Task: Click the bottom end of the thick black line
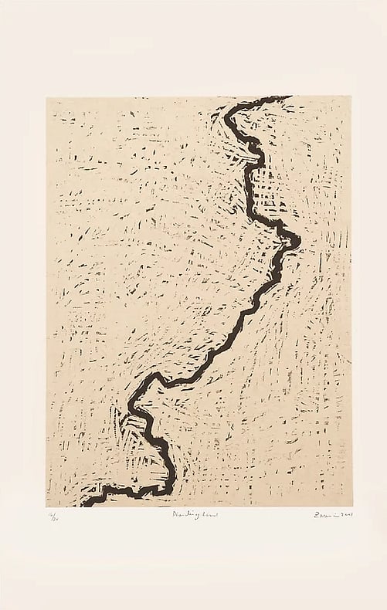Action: pyautogui.click(x=84, y=504)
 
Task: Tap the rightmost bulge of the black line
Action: pyautogui.click(x=297, y=241)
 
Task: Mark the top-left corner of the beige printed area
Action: pyautogui.click(x=46, y=97)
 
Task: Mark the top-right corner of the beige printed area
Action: pyautogui.click(x=341, y=97)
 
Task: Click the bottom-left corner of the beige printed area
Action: pyautogui.click(x=46, y=507)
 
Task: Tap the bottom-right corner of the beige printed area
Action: pyautogui.click(x=341, y=507)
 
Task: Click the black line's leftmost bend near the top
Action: pyautogui.click(x=226, y=119)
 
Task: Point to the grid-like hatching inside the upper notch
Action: pyautogui.click(x=266, y=185)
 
